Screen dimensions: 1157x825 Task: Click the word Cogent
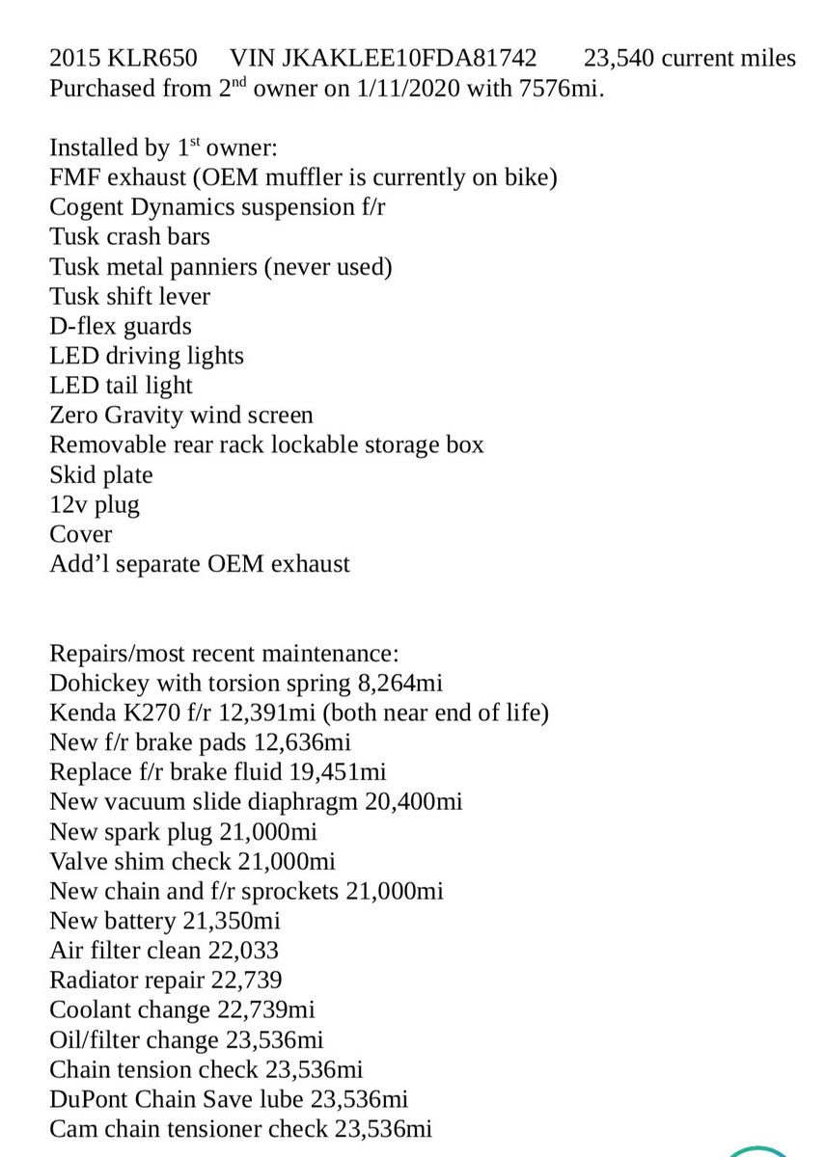coord(87,207)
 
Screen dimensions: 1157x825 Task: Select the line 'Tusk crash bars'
coord(129,236)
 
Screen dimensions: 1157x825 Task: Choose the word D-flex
coord(83,326)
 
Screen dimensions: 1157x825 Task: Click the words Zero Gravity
coord(117,416)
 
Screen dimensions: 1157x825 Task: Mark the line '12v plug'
coord(95,504)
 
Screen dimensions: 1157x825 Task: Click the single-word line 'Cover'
coord(81,534)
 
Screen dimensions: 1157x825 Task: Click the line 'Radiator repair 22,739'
coord(166,981)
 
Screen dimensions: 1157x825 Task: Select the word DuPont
coord(93,1099)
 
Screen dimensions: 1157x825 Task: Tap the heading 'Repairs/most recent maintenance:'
coord(217,654)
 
